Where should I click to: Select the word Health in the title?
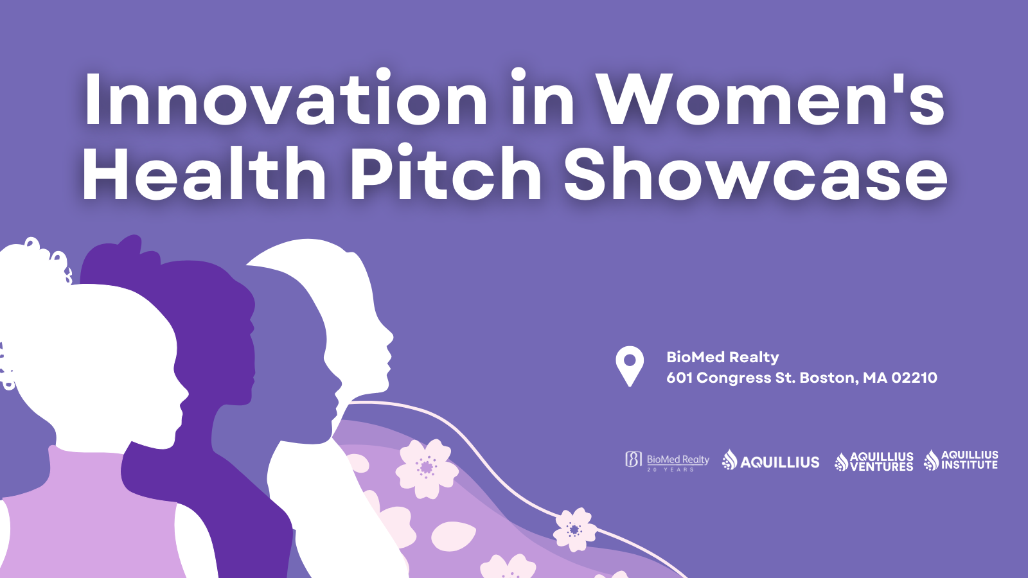[x=204, y=175]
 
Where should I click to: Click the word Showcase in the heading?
[x=755, y=175]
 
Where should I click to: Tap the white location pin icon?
[x=630, y=365]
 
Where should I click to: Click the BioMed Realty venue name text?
[x=722, y=357]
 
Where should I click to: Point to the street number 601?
[x=679, y=378]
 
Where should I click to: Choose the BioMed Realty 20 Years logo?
[x=667, y=460]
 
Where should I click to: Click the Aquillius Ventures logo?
[x=874, y=461]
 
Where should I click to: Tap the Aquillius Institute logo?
[x=961, y=460]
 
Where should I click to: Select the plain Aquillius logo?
[x=770, y=460]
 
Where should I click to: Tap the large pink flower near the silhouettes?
[x=426, y=468]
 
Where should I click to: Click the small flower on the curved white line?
[x=574, y=529]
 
